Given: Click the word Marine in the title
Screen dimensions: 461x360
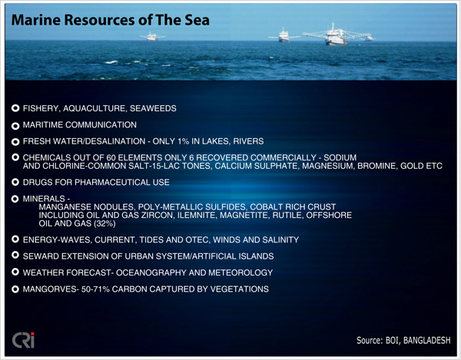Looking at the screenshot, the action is [x=35, y=20].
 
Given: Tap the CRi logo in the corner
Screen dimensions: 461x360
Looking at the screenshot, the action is [x=23, y=340].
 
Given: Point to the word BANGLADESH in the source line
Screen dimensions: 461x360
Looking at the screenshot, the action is [x=426, y=340].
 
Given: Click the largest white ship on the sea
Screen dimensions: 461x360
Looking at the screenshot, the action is [x=335, y=35].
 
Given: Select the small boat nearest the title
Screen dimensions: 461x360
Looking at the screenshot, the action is [x=152, y=37].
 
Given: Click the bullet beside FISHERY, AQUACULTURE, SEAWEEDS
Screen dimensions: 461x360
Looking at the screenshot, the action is [x=15, y=108].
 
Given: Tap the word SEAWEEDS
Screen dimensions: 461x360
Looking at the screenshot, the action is [x=153, y=108].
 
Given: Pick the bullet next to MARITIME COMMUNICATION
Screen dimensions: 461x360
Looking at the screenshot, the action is [x=15, y=126].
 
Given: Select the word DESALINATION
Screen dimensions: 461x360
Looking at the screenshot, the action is [x=114, y=141].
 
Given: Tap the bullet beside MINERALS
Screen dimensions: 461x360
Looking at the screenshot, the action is [x=15, y=199].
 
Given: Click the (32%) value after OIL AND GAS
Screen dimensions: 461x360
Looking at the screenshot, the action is [x=104, y=223].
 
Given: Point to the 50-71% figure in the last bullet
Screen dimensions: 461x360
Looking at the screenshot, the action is [x=95, y=289].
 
